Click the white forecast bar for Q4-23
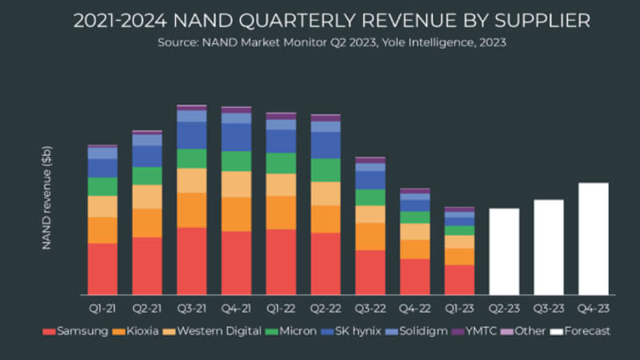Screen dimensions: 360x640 pos(593,238)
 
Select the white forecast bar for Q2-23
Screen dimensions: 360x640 pos(504,251)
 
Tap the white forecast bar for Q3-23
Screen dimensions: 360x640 pos(549,246)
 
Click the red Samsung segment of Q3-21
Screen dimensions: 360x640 pos(191,261)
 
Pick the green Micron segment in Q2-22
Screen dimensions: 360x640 pos(326,170)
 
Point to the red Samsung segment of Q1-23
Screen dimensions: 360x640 pos(459,279)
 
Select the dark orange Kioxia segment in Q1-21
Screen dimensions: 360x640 pos(102,230)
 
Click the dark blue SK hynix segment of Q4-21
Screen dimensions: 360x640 pos(236,137)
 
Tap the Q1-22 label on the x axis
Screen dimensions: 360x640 pos(281,308)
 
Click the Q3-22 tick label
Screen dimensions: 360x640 pos(370,308)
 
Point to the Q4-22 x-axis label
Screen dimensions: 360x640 pos(414,308)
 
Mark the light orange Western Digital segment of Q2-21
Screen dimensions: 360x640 pos(147,197)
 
